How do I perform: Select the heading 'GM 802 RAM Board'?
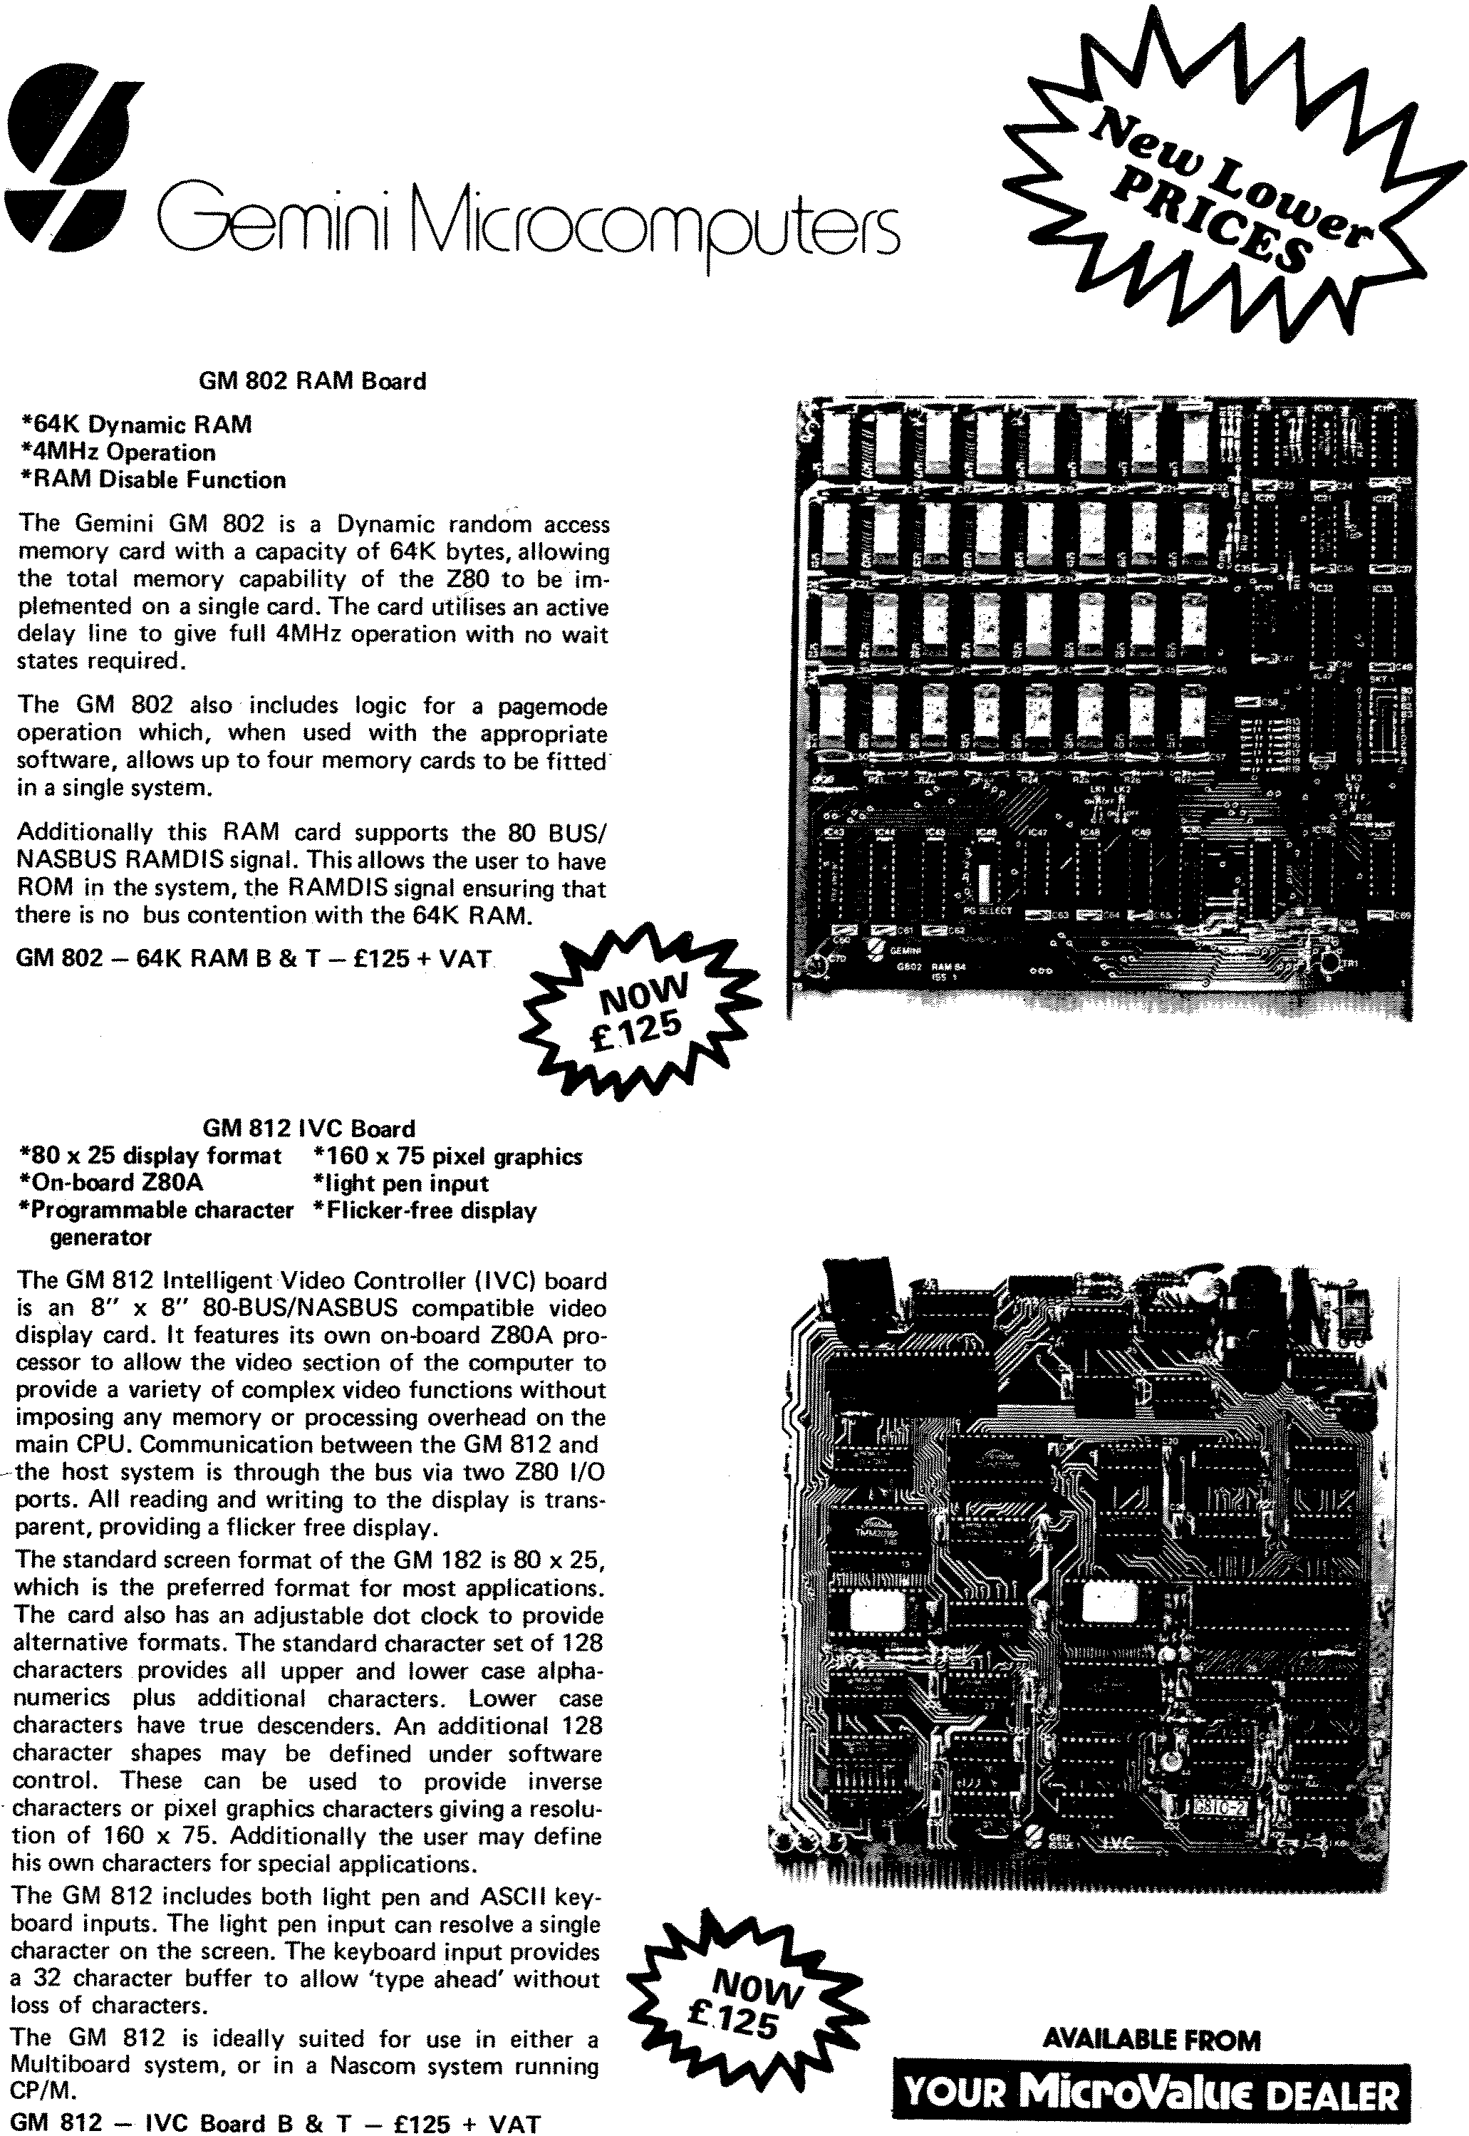point(312,381)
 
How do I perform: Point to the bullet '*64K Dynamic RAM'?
point(136,424)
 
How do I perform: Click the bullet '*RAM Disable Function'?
point(152,479)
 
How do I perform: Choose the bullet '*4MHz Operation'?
point(118,452)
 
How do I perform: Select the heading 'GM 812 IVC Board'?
point(308,1129)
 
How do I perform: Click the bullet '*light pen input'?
point(400,1183)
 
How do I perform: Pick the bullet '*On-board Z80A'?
point(110,1183)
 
